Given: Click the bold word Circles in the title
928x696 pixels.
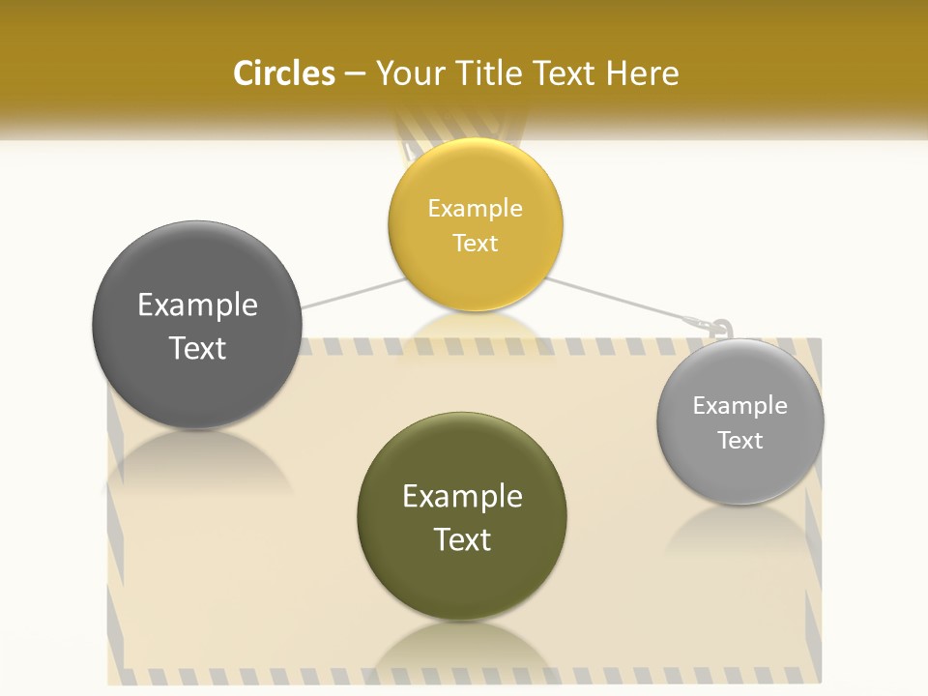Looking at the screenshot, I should [284, 73].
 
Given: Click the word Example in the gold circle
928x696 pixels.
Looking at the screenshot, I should [476, 209].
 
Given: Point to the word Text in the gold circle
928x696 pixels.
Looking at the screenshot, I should [476, 244].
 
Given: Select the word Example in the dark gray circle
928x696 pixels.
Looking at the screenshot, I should [197, 305].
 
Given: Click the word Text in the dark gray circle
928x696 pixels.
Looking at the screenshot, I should [197, 349].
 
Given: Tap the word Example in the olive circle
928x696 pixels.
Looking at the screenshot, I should [462, 497].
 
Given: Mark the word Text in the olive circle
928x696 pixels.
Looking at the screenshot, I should [462, 540].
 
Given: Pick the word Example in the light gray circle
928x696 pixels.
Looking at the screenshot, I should [740, 406].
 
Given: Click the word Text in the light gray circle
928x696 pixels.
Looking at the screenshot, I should [740, 441].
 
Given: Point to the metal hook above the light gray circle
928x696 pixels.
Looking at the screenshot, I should [720, 330].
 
